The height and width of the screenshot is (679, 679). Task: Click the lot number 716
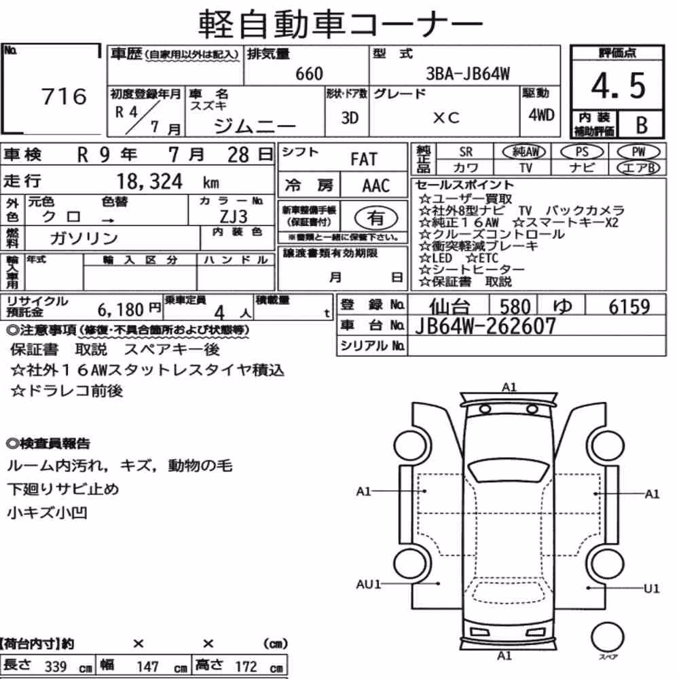pos(64,96)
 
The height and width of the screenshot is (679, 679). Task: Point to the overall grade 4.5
pos(618,86)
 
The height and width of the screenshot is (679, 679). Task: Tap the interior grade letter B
pos(642,125)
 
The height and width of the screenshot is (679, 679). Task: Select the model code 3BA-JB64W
pos(468,73)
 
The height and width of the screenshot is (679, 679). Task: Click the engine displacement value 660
pos(309,74)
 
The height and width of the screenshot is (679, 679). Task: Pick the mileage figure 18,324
pos(149,181)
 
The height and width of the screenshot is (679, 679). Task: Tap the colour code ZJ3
pos(234,216)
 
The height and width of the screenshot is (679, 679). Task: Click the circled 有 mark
pos(376,218)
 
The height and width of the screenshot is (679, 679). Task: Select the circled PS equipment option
pos(582,152)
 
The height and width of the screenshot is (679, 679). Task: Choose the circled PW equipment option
pos(638,152)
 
